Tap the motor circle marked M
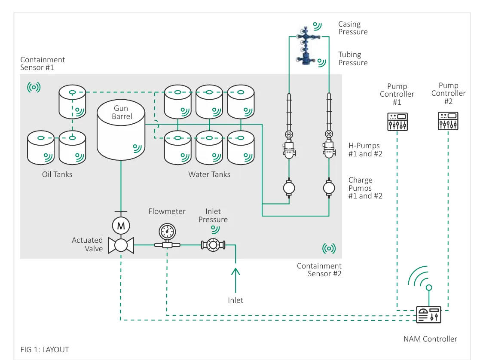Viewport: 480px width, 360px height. pos(121,226)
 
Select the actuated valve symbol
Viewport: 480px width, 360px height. pos(121,245)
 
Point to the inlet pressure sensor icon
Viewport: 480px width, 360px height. pos(213,245)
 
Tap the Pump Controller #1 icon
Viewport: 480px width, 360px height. pos(397,122)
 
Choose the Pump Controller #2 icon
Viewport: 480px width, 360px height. pos(448,121)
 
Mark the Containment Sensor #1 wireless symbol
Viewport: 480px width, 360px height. pos(34,88)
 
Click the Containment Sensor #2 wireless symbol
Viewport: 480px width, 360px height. pos(329,248)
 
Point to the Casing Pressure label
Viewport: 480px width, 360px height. pos(353,28)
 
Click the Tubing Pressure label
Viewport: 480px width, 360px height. pos(353,58)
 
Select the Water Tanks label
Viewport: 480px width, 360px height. pos(209,174)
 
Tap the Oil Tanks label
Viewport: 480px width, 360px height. pos(57,174)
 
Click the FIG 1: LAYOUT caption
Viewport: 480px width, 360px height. pos(45,350)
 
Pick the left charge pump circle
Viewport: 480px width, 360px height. pos(289,188)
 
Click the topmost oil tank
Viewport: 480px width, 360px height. pos(72,101)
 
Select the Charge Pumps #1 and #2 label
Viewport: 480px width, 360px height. pos(365,188)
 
